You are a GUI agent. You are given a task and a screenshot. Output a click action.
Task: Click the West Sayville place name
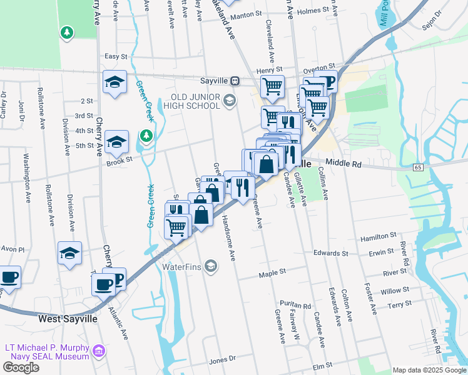[x=68, y=318]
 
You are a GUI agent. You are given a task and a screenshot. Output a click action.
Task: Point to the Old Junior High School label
[x=196, y=101]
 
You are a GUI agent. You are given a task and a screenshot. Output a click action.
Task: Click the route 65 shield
[x=418, y=167]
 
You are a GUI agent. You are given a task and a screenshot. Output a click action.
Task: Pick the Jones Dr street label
[x=222, y=359]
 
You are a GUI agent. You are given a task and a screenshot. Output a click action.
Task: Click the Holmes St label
[x=313, y=11]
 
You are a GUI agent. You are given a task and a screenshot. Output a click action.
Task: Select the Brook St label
[x=120, y=159]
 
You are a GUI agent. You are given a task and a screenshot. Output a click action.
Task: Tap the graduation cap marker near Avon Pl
[x=69, y=252]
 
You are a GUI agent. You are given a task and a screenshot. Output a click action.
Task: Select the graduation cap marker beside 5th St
[x=116, y=142]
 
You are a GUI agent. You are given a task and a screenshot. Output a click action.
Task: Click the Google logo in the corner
[x=21, y=367]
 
